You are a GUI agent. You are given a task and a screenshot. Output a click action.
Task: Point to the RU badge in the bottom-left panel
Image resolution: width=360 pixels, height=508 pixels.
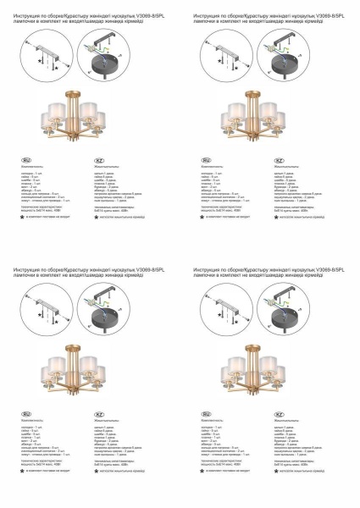25,411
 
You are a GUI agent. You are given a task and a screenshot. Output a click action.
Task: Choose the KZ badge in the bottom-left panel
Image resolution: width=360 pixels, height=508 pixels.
100,411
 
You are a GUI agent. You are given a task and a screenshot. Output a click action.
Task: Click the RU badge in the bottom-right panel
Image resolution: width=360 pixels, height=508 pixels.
207,411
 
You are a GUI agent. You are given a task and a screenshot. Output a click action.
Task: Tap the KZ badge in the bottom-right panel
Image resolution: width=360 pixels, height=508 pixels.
280,411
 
